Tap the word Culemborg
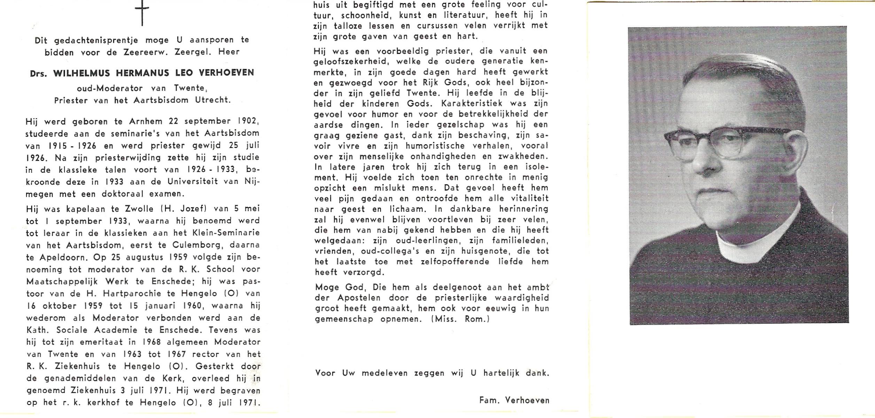(197, 245)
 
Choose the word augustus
(143, 257)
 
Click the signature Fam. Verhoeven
(514, 401)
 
